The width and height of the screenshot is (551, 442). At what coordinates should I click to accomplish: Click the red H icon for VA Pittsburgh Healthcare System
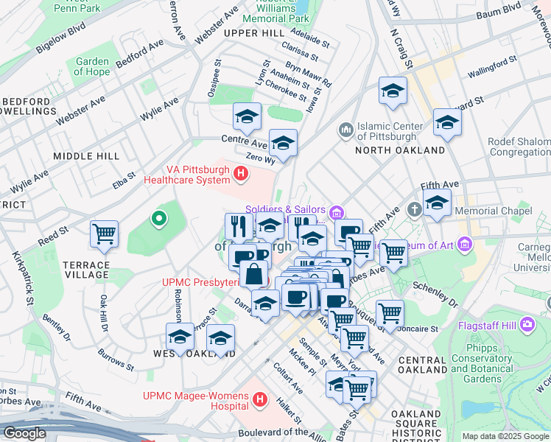click(x=239, y=173)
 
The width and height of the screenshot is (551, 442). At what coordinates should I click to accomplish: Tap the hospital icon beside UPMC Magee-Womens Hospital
click(x=259, y=400)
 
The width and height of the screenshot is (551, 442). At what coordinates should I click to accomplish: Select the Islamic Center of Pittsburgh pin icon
click(x=345, y=130)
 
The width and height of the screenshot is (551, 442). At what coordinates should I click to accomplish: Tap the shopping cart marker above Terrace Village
click(x=105, y=234)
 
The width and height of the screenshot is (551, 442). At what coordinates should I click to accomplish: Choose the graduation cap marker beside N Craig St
click(x=393, y=91)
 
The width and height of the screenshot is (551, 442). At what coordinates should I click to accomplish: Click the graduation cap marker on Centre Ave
click(x=248, y=116)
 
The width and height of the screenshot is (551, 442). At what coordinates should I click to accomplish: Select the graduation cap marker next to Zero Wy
click(x=283, y=143)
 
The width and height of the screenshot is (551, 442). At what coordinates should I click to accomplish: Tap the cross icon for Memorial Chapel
click(x=415, y=211)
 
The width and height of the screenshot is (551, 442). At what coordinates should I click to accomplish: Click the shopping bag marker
click(x=253, y=274)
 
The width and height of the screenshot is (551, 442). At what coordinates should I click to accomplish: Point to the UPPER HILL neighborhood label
click(x=253, y=33)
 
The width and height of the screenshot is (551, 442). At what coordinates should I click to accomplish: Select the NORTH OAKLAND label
click(x=400, y=150)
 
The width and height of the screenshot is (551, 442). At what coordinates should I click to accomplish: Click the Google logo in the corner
click(x=24, y=433)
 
